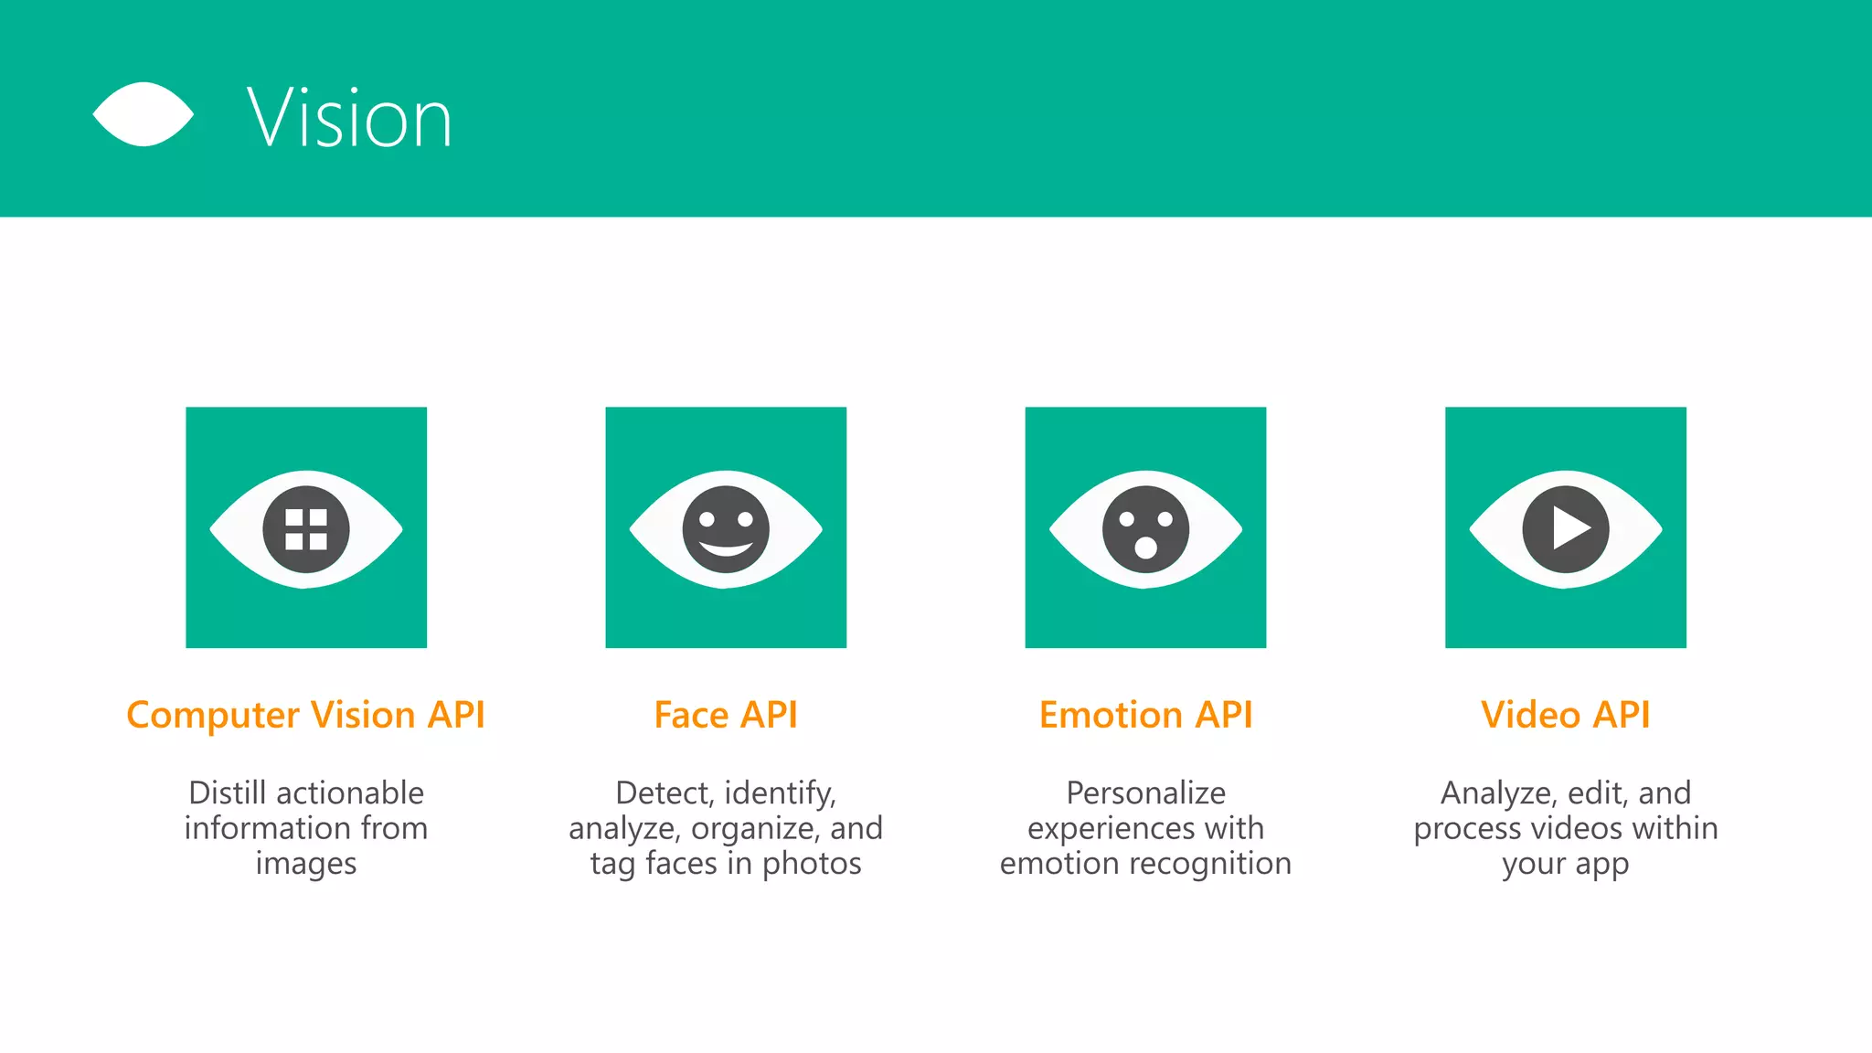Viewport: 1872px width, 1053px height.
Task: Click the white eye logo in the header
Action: pyautogui.click(x=144, y=114)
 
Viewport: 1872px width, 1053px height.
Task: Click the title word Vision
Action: pyautogui.click(x=349, y=118)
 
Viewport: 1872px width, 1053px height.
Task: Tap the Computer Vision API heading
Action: pyautogui.click(x=305, y=715)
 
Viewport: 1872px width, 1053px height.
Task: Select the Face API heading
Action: pyautogui.click(x=726, y=715)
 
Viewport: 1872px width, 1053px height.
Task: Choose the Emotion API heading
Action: pyautogui.click(x=1145, y=715)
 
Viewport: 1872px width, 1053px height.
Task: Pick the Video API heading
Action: pyautogui.click(x=1565, y=715)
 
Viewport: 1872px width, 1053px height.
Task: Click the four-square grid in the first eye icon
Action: pyautogui.click(x=306, y=529)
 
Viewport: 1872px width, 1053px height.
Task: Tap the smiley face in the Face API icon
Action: pyautogui.click(x=726, y=529)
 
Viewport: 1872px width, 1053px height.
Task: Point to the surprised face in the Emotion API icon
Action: pyautogui.click(x=1145, y=529)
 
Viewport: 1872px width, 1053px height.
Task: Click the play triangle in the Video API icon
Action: pyautogui.click(x=1569, y=529)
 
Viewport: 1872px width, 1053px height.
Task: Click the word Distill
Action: pyautogui.click(x=227, y=792)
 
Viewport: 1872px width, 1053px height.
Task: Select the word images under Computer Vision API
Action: pyautogui.click(x=306, y=864)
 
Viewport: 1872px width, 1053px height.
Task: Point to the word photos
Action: pyautogui.click(x=812, y=864)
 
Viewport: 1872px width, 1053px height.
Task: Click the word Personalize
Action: pyautogui.click(x=1145, y=792)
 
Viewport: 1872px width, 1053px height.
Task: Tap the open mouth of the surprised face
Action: pyautogui.click(x=1145, y=548)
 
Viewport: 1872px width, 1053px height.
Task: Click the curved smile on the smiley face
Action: pyautogui.click(x=726, y=549)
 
